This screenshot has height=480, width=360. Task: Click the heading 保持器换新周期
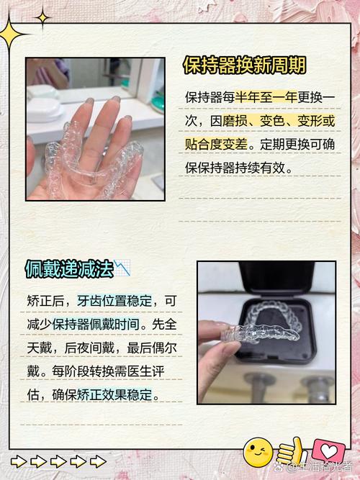[x=245, y=65]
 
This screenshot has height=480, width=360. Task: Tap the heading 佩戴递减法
[x=69, y=268]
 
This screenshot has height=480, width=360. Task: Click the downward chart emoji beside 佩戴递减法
[x=122, y=268]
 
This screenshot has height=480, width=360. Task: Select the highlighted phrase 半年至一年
[x=266, y=98]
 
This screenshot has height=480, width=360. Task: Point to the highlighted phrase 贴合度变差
[x=216, y=145]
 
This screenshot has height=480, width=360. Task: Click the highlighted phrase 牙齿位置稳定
[x=114, y=301]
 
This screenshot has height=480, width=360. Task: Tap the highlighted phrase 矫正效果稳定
[x=114, y=394]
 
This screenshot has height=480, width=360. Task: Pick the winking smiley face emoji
[x=258, y=452]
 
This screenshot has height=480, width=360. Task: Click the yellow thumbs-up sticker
[x=291, y=452]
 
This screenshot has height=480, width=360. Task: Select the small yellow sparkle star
[x=42, y=19]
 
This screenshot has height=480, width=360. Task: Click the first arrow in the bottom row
[x=19, y=461]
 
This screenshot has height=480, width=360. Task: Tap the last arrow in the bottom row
[x=98, y=461]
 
